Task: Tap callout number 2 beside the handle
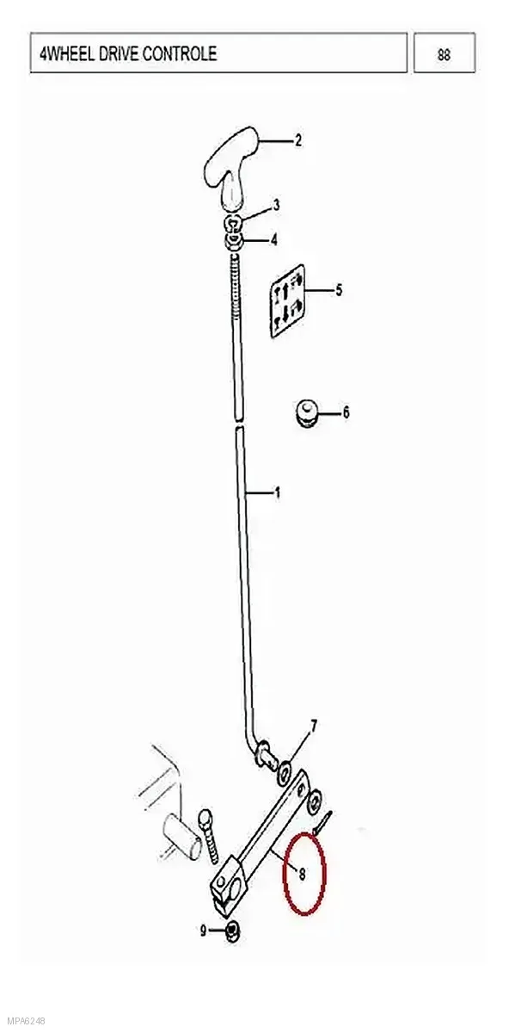tap(298, 140)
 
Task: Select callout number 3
tap(276, 205)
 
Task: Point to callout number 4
tap(274, 240)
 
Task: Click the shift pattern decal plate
tap(287, 300)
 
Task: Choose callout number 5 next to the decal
tap(339, 290)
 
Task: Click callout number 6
tap(346, 411)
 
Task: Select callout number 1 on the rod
tap(277, 493)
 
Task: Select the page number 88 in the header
tap(444, 55)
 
